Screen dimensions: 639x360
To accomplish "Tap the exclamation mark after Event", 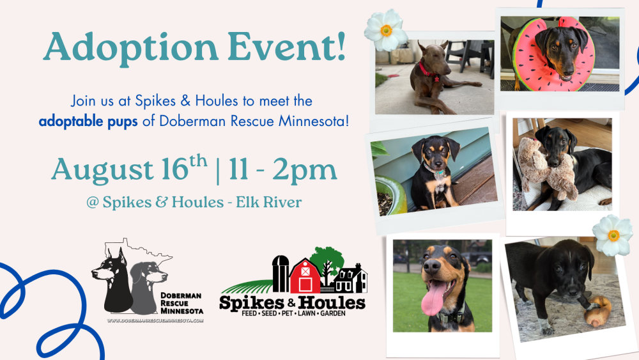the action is pyautogui.click(x=341, y=45).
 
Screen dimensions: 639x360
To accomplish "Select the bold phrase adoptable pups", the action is pyautogui.click(x=88, y=121).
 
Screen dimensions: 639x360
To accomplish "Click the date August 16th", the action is pyautogui.click(x=129, y=168).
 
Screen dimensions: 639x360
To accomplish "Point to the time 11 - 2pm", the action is pyautogui.click(x=283, y=170).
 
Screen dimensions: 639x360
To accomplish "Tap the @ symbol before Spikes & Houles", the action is pyautogui.click(x=93, y=203).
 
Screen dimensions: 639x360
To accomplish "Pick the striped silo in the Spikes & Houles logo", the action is pyautogui.click(x=281, y=274).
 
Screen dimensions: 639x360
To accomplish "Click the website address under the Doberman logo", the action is pyautogui.click(x=155, y=320).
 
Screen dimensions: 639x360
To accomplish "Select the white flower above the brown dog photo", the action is pyautogui.click(x=386, y=30).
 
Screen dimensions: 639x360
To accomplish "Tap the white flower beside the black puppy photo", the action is pyautogui.click(x=613, y=236).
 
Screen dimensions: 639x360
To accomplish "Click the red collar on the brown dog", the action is pyautogui.click(x=427, y=72).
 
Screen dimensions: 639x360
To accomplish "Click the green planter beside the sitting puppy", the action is pyautogui.click(x=390, y=195).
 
